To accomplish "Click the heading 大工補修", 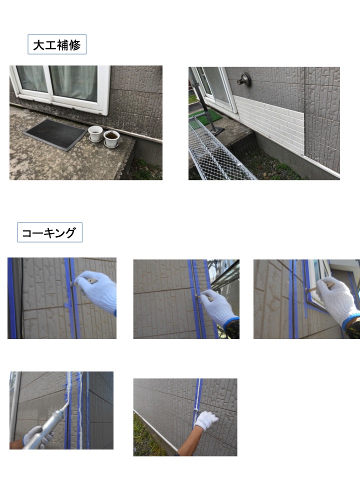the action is (56, 45).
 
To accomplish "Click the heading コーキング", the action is (49, 233).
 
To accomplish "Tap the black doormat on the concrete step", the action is (55, 134).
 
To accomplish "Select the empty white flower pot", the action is (95, 133).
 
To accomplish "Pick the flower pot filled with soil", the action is (111, 139).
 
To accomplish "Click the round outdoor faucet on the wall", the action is (244, 79).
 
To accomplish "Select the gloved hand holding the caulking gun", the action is (36, 436).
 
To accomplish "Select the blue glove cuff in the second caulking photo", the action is (231, 322).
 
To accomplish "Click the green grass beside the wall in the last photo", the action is (146, 438).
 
